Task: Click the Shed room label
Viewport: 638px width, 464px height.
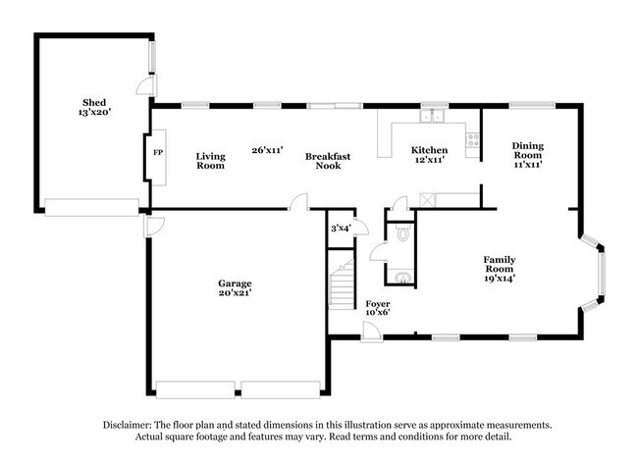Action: tap(94, 102)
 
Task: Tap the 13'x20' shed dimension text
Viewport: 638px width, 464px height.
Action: tap(94, 113)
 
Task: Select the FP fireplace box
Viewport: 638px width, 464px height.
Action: tap(157, 153)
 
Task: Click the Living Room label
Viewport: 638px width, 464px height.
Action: tap(210, 160)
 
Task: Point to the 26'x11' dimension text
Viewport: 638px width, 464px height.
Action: tap(267, 150)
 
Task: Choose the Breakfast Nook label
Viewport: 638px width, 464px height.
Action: tap(328, 160)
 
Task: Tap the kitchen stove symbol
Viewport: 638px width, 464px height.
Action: tap(472, 139)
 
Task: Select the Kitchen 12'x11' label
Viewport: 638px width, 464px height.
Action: tap(429, 154)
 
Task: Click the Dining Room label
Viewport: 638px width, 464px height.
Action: tap(527, 154)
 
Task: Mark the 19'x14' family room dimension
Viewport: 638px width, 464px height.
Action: tap(500, 278)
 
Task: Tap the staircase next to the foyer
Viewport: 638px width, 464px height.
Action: tap(342, 284)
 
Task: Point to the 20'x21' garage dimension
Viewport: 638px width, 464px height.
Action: tap(235, 292)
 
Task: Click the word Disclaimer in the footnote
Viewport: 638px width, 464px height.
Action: tap(132, 425)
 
